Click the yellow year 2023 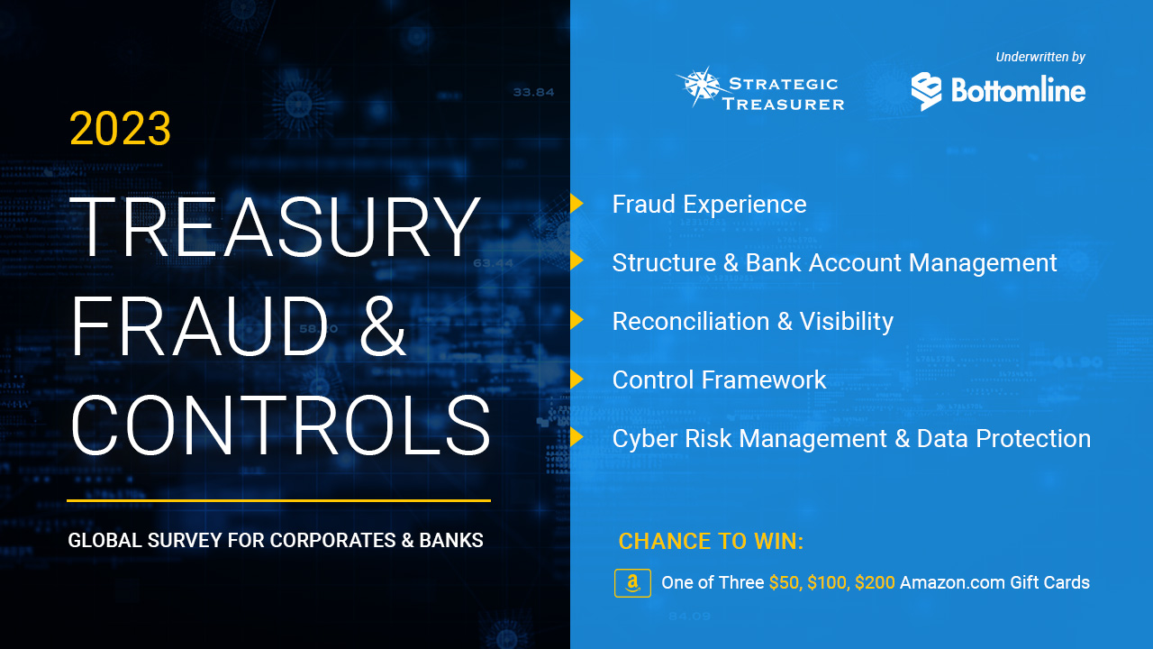click(120, 128)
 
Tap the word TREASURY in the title click(276, 227)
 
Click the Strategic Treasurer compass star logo click(699, 86)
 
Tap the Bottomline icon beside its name click(926, 91)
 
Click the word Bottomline click(1018, 90)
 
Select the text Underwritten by click(1040, 57)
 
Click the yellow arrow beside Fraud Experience click(576, 204)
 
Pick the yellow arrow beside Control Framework click(576, 379)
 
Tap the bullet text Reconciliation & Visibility click(752, 322)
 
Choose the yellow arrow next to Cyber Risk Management click(576, 438)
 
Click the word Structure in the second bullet click(664, 262)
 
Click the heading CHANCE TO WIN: click(711, 542)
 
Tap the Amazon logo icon click(632, 583)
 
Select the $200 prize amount click(875, 582)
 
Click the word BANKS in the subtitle click(451, 540)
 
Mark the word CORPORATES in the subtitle click(332, 540)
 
